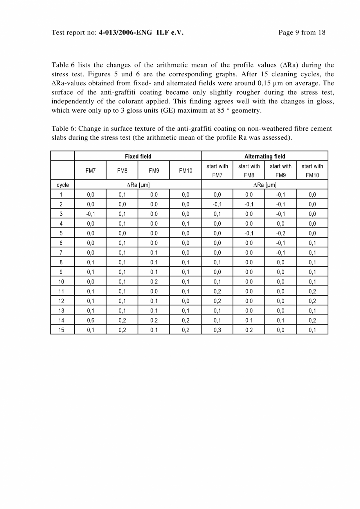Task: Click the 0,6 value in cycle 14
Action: pos(90,320)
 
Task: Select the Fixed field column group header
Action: pos(138,156)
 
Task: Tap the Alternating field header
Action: pos(265,156)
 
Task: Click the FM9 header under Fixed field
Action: pos(154,171)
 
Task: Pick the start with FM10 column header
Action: pos(312,171)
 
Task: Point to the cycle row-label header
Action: pos(63,185)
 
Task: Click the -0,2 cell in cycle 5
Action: pos(281,233)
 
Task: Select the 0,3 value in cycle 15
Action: pos(217,330)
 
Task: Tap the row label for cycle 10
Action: pos(61,282)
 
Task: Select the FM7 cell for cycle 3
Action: pos(90,214)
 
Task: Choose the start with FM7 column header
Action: pos(217,171)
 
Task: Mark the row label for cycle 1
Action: pos(61,195)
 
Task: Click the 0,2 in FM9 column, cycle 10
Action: pos(154,282)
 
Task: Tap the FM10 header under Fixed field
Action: pos(185,171)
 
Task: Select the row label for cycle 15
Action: pos(61,330)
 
